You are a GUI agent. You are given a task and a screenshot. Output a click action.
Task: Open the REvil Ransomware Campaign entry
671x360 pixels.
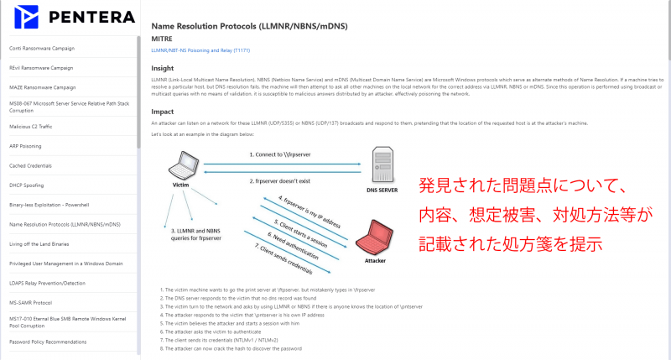click(x=41, y=68)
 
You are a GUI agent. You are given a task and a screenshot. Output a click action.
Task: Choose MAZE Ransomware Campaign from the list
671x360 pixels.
click(x=42, y=87)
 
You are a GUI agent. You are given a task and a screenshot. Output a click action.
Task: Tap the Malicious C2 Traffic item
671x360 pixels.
click(x=33, y=127)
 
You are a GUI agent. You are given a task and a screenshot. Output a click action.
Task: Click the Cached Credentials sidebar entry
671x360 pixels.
click(x=31, y=165)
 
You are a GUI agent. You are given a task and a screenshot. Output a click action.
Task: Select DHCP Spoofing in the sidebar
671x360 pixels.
click(x=27, y=185)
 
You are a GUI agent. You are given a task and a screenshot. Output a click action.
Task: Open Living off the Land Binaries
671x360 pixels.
click(x=40, y=244)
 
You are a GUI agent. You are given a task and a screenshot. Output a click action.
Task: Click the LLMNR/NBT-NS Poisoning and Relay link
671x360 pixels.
click(x=195, y=51)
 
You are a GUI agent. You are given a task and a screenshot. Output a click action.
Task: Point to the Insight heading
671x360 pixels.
click(x=162, y=68)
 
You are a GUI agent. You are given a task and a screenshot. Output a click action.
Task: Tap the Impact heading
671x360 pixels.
click(x=162, y=111)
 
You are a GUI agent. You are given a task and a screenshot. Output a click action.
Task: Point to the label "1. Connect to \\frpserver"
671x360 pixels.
click(x=280, y=154)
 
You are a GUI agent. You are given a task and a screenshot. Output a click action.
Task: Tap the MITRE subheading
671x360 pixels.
click(x=161, y=39)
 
